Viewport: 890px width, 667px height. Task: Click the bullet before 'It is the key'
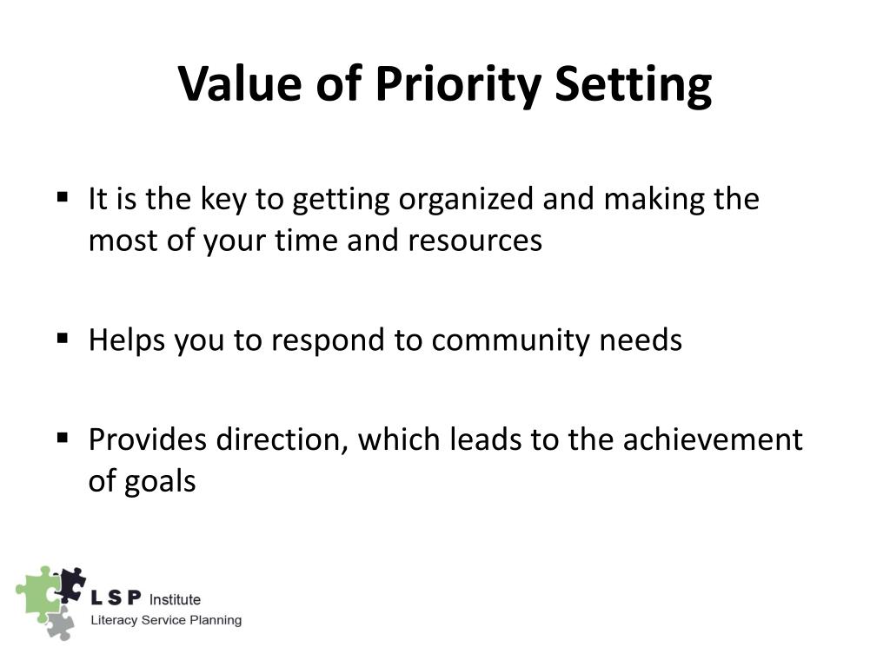tap(63, 197)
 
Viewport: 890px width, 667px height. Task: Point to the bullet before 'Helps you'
tap(63, 338)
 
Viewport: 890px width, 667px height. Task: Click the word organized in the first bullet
tap(467, 201)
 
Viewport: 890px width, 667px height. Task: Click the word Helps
tap(128, 340)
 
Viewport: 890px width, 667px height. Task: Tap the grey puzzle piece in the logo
tap(59, 623)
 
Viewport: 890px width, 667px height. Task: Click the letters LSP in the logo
tap(117, 599)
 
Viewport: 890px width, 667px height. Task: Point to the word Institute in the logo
tap(176, 599)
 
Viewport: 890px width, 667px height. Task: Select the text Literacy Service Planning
tap(167, 620)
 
